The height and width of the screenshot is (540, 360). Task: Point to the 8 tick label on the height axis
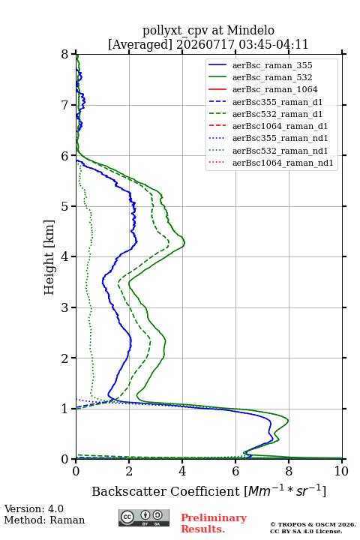coord(65,54)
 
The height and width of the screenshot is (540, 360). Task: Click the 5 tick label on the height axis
coord(65,206)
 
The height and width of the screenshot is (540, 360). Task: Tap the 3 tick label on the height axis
coord(65,307)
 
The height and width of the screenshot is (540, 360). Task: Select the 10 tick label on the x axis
coord(341,471)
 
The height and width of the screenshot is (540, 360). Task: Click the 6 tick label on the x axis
coord(235,471)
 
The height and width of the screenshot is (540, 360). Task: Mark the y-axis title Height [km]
coord(49,257)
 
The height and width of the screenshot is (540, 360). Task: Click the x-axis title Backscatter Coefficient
coord(165,491)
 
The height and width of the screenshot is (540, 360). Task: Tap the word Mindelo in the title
coord(250,30)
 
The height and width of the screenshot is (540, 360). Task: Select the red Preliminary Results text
coord(214,523)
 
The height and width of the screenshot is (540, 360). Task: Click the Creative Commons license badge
coord(144,517)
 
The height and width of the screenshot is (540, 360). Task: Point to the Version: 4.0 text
coord(34,508)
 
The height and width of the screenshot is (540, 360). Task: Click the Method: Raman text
coord(44,520)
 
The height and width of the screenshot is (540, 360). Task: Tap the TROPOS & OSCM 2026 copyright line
coord(313,524)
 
